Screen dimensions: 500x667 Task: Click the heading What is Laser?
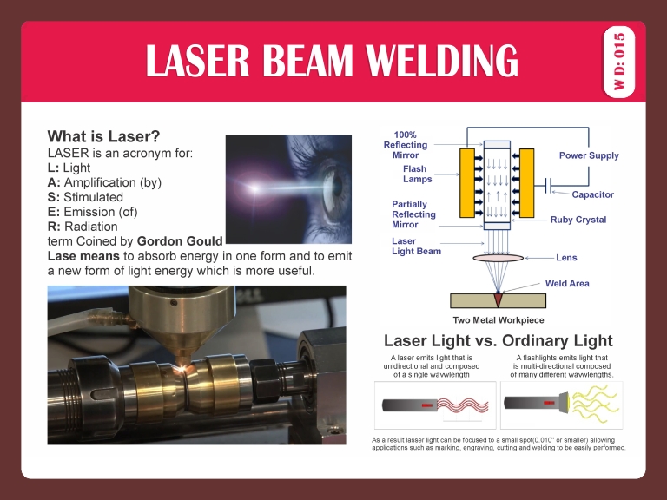103,136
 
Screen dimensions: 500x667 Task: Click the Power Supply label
589,155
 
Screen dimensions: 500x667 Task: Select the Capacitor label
592,195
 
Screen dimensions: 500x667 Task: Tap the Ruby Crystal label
578,220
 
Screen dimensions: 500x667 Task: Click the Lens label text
566,258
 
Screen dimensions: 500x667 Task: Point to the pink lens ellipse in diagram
498,258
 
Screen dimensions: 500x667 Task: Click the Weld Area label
567,283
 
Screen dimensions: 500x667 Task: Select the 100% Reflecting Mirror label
405,145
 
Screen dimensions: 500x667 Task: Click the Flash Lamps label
417,174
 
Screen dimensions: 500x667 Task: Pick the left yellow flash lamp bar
467,183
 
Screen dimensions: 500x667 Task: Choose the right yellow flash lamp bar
527,183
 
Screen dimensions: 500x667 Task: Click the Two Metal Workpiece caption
499,320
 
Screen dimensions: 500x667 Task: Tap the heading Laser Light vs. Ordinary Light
498,340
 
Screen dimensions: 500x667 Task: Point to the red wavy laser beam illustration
464,405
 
